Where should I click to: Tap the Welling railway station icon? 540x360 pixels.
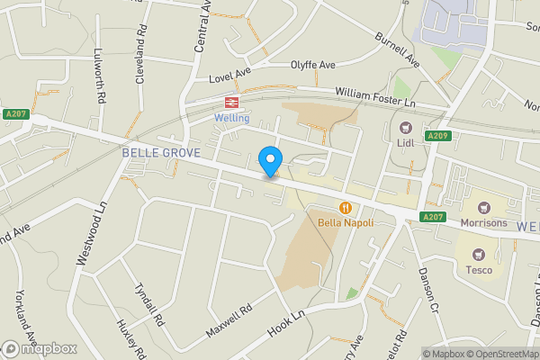(231, 103)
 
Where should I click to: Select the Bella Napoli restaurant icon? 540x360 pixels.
(346, 207)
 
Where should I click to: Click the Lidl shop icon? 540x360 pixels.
(405, 126)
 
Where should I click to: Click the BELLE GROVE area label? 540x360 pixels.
(161, 153)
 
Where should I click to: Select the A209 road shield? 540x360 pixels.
(437, 136)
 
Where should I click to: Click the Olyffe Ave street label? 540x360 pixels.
(312, 66)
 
